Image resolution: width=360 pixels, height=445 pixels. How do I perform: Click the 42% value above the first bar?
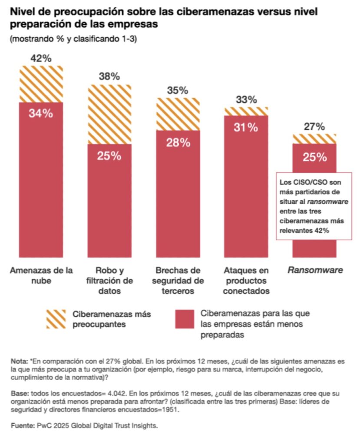[41, 58]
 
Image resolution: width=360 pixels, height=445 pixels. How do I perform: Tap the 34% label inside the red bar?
[41, 113]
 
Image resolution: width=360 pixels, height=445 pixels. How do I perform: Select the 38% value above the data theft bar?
[109, 77]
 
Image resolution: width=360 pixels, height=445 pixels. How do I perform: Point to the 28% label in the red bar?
[178, 142]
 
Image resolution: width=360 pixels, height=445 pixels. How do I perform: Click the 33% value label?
[246, 100]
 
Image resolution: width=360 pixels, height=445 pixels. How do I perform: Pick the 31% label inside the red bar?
[246, 127]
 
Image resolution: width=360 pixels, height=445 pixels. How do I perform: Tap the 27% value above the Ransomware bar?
[314, 126]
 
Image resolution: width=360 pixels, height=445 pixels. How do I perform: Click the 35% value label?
[178, 90]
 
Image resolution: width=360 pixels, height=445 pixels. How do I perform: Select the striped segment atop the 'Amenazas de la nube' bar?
[41, 84]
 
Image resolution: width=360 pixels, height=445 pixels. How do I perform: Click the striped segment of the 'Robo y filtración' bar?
[109, 114]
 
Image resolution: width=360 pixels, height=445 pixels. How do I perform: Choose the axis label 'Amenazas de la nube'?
[41, 276]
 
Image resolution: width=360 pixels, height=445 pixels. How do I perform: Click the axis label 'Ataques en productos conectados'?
[246, 281]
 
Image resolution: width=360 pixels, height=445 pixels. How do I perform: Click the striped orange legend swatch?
[55, 319]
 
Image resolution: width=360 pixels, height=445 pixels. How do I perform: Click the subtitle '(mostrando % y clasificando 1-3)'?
[73, 39]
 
